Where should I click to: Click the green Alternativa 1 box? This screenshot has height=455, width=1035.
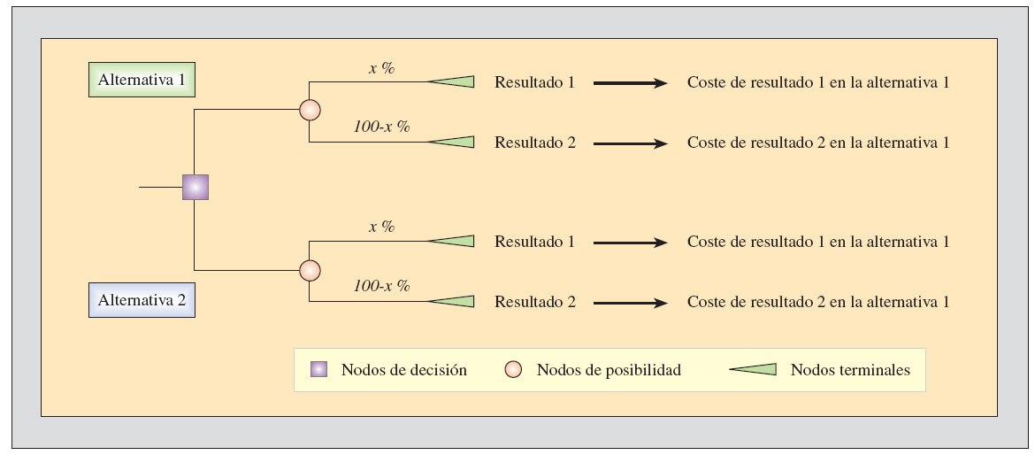(x=142, y=80)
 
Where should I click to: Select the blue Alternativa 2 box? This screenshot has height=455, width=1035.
(x=142, y=300)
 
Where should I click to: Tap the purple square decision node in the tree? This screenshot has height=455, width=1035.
(x=195, y=188)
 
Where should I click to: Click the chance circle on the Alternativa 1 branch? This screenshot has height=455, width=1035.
(x=310, y=110)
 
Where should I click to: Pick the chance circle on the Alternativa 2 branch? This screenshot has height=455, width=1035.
(x=310, y=270)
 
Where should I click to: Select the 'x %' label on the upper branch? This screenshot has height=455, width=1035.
(x=381, y=67)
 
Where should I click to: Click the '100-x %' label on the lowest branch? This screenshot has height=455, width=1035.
(x=381, y=286)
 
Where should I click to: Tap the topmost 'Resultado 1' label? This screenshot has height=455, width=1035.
(x=534, y=82)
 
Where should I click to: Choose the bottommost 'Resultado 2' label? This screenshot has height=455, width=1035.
(x=534, y=302)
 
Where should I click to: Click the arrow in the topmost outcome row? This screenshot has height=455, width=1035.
(x=630, y=83)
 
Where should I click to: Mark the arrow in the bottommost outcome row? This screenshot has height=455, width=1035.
(x=630, y=303)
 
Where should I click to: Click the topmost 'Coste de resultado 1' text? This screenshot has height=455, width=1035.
(x=817, y=82)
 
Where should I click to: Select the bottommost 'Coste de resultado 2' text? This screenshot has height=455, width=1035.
(x=817, y=302)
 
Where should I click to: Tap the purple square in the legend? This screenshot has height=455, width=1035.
(x=318, y=370)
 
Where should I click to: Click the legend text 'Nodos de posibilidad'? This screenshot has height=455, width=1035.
(x=609, y=370)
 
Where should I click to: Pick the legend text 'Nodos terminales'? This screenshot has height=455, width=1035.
(x=849, y=370)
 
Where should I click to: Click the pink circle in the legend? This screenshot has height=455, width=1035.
(x=512, y=370)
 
